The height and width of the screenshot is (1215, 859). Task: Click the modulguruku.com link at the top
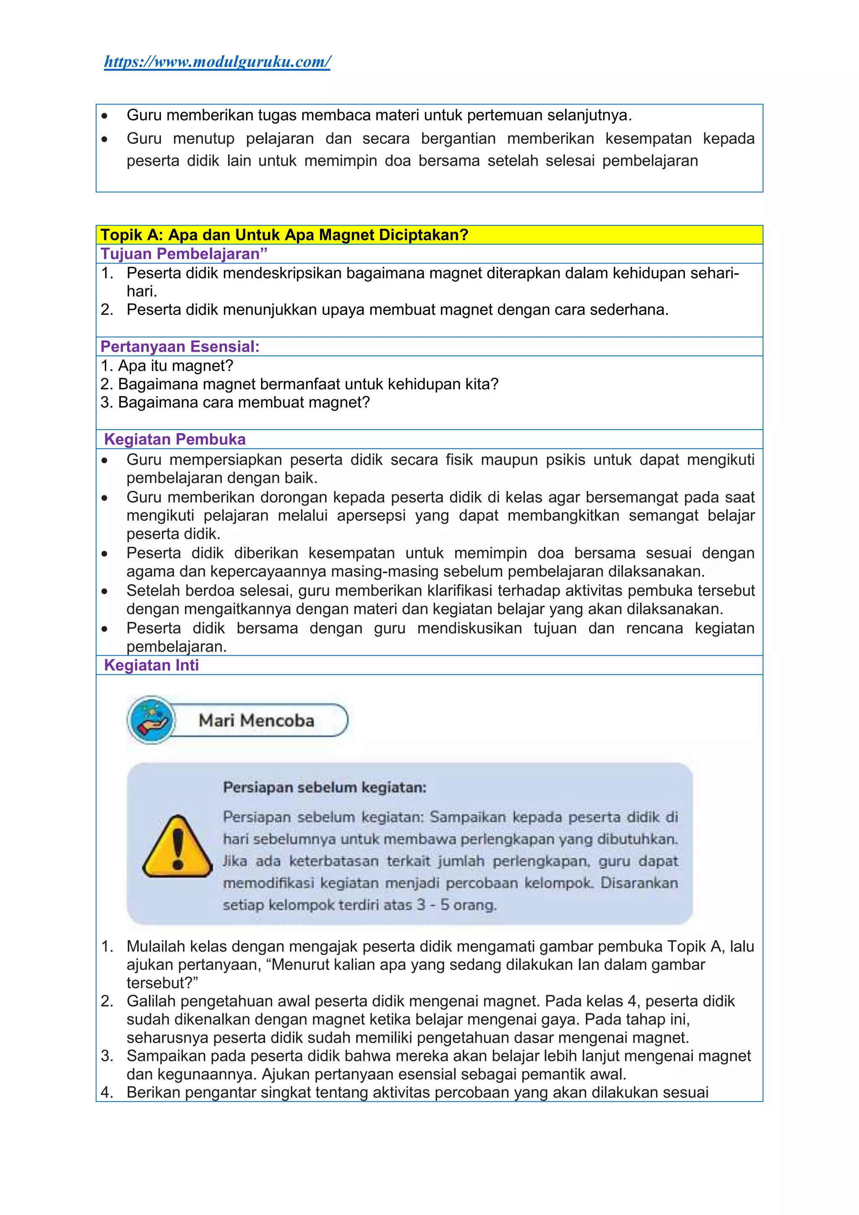point(217,62)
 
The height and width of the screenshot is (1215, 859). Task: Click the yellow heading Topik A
point(284,235)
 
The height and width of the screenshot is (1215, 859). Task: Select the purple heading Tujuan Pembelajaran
point(184,254)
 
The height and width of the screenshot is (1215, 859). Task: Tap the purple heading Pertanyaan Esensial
point(180,347)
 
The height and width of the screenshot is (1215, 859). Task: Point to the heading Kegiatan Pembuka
point(174,439)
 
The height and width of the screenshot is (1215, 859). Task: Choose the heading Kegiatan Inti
point(151,665)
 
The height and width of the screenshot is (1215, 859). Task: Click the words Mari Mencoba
point(257,720)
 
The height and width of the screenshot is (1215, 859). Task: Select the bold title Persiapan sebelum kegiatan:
point(324,787)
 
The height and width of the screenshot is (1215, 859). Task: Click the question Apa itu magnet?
point(167,366)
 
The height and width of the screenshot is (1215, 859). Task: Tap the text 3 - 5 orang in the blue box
point(456,905)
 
